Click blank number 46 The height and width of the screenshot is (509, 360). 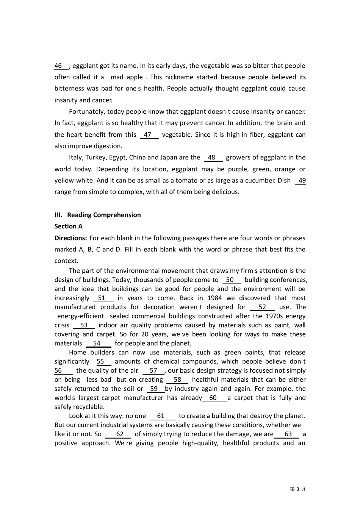point(61,66)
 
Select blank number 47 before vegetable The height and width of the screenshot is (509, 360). point(149,135)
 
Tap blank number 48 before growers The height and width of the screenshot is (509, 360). point(213,158)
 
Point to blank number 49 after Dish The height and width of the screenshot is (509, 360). point(301,181)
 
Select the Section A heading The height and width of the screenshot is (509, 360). point(68,226)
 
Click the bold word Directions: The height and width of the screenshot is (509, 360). point(70,238)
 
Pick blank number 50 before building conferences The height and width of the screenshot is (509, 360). point(231,280)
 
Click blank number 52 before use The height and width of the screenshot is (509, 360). point(262,308)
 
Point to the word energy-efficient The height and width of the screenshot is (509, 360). point(80,317)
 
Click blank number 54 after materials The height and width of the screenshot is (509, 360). point(98,344)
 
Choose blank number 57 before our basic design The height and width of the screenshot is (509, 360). point(153,371)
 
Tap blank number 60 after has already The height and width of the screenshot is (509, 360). point(214,398)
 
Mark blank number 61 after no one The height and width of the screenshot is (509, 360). point(162,416)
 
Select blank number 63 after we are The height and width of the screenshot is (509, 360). point(287,434)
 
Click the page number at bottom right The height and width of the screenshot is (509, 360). point(297,489)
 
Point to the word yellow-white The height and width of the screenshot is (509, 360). point(73,181)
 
